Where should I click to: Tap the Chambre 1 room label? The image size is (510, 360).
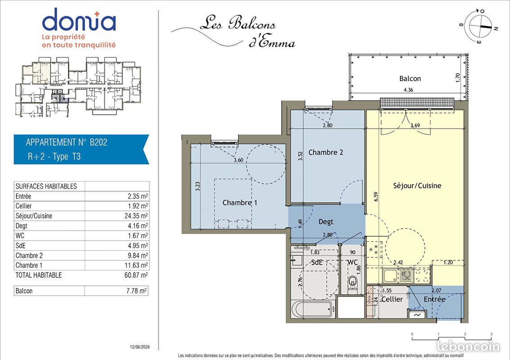(239, 203)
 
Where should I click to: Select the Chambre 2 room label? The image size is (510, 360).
(325, 153)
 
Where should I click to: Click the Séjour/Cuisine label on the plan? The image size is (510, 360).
(417, 185)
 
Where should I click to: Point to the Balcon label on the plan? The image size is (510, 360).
(410, 79)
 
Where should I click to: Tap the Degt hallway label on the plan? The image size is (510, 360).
(326, 222)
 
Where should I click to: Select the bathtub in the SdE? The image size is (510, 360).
(312, 309)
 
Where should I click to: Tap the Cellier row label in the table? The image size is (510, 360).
(23, 206)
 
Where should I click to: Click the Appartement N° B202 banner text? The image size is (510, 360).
(67, 143)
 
